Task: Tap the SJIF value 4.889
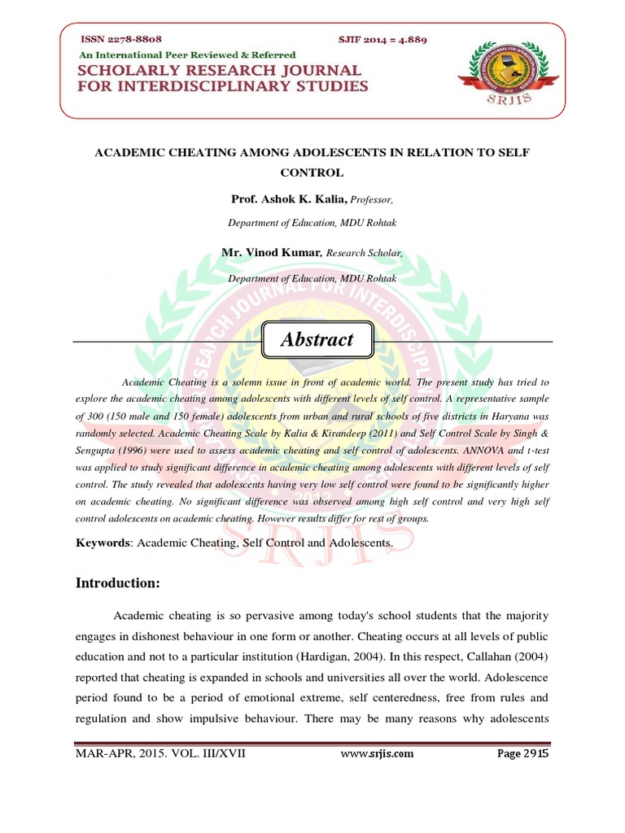[x=411, y=39]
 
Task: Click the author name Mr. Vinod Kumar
[x=272, y=253]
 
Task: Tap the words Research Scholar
[x=364, y=254]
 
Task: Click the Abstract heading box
[x=317, y=340]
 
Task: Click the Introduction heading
[x=118, y=582]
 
